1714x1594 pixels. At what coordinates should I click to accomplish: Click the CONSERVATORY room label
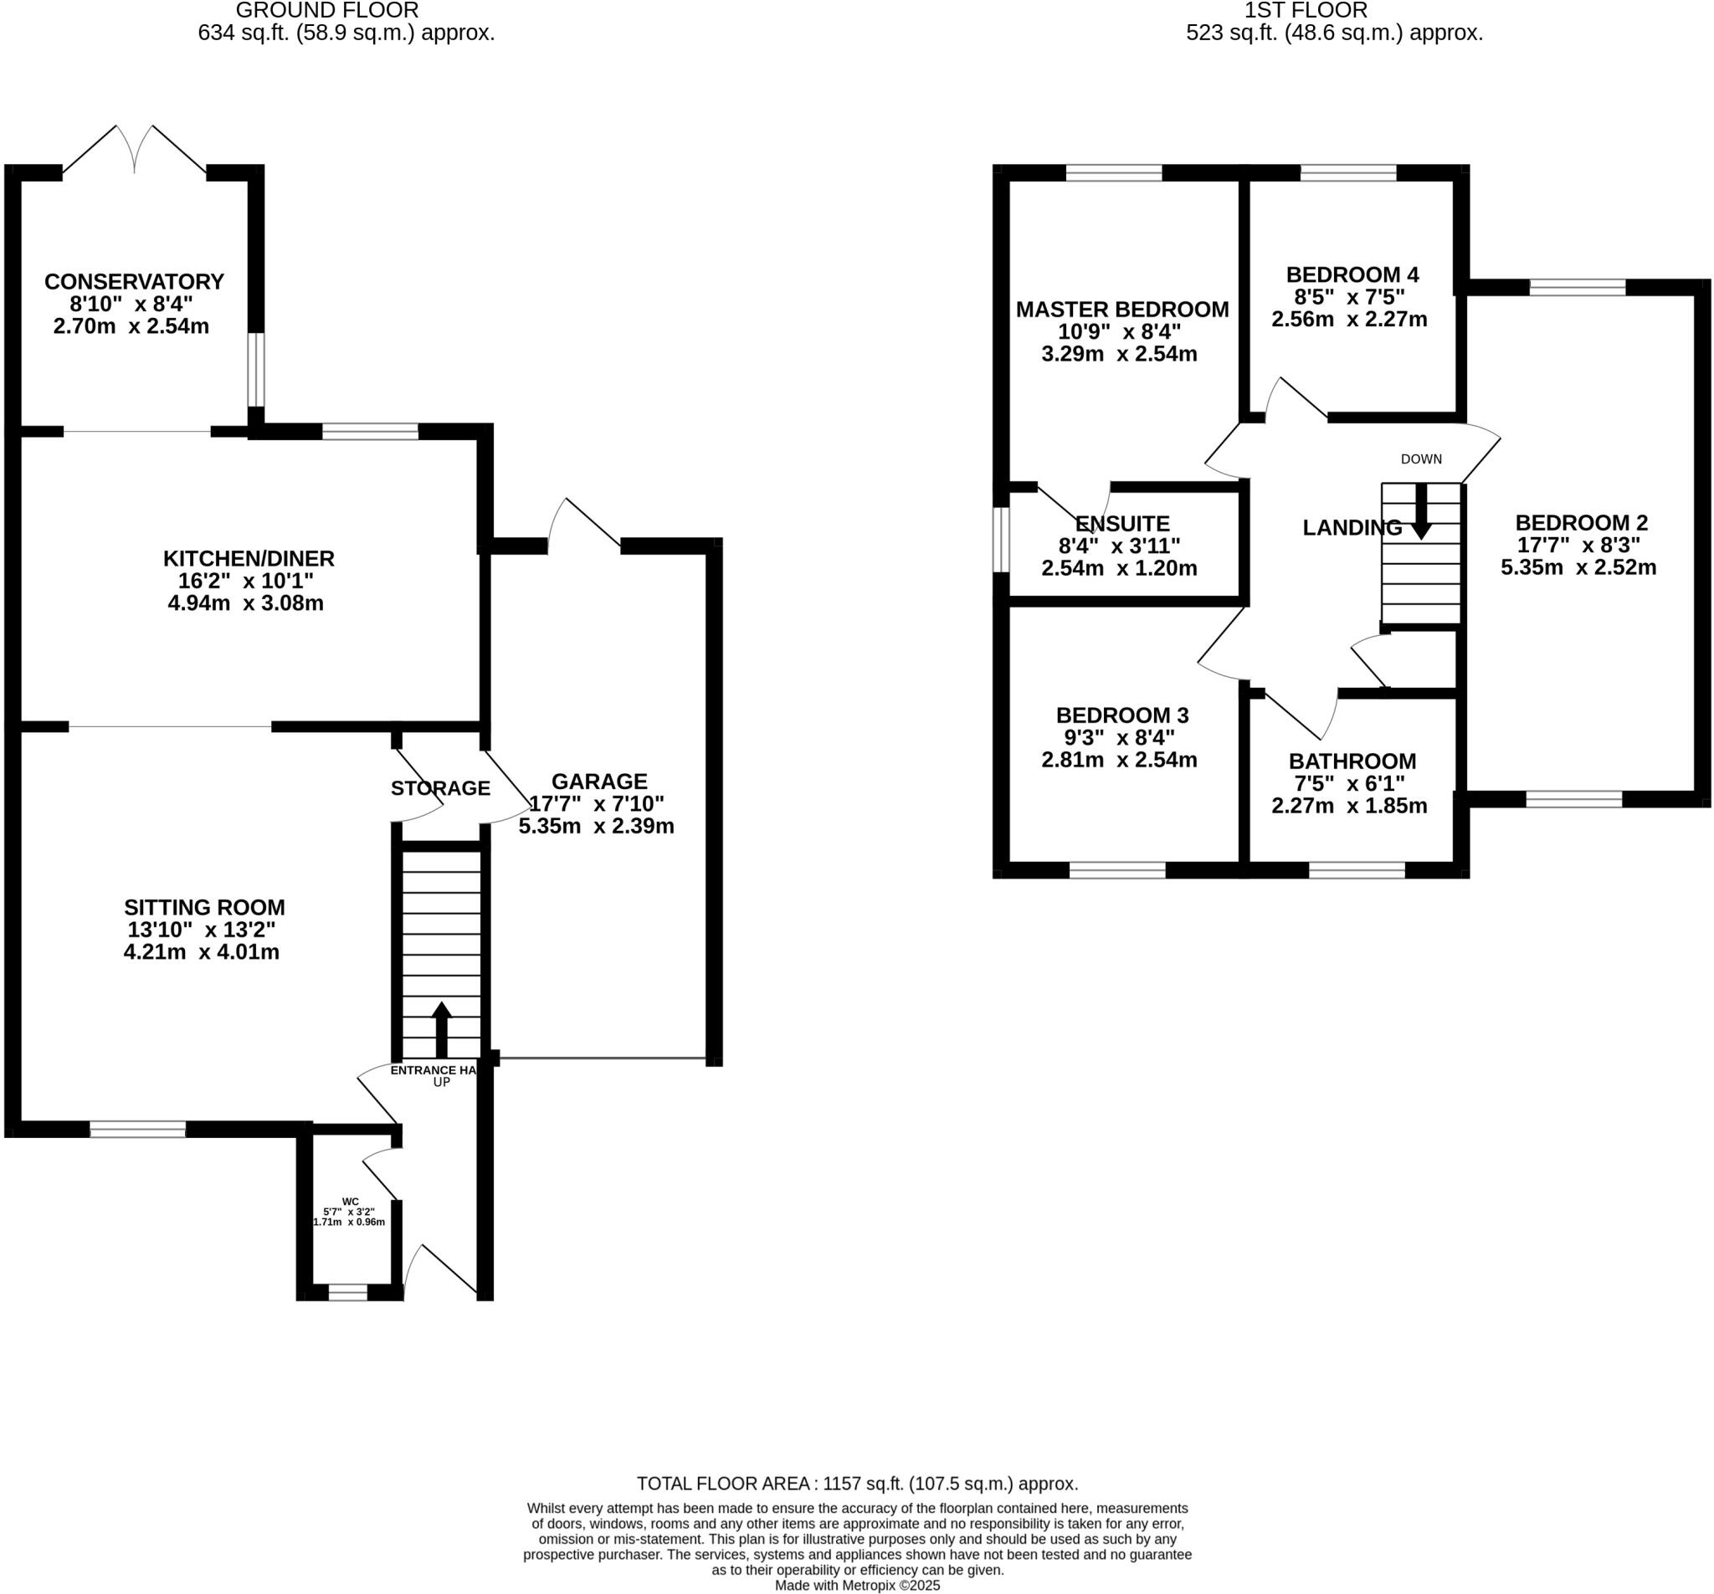pyautogui.click(x=134, y=282)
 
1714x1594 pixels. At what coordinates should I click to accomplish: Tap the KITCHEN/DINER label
pyautogui.click(x=249, y=559)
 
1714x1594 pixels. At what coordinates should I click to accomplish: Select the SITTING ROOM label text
pyautogui.click(x=204, y=908)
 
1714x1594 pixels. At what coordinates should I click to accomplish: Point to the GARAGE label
pyautogui.click(x=599, y=782)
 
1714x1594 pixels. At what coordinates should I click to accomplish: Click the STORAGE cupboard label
pyautogui.click(x=439, y=788)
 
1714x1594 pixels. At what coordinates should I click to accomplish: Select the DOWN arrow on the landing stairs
pyautogui.click(x=1420, y=511)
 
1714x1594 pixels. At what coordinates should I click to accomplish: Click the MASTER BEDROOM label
pyautogui.click(x=1121, y=310)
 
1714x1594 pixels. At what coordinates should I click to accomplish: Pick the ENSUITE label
pyautogui.click(x=1121, y=523)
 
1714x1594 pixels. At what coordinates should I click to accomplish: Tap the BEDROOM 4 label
pyautogui.click(x=1352, y=275)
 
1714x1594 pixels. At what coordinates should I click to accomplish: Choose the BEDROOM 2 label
pyautogui.click(x=1581, y=522)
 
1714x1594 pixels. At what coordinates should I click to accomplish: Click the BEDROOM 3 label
pyautogui.click(x=1121, y=715)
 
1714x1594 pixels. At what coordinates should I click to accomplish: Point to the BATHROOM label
pyautogui.click(x=1352, y=761)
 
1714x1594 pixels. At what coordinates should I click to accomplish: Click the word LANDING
pyautogui.click(x=1351, y=528)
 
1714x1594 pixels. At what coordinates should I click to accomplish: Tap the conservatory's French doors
pyautogui.click(x=135, y=151)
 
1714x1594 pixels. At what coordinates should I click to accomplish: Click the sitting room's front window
pyautogui.click(x=138, y=1129)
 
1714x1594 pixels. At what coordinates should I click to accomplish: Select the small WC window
pyautogui.click(x=348, y=1292)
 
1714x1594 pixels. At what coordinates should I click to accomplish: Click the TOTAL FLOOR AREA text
pyautogui.click(x=857, y=1484)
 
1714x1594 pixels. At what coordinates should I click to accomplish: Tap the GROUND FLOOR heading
pyautogui.click(x=326, y=10)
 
